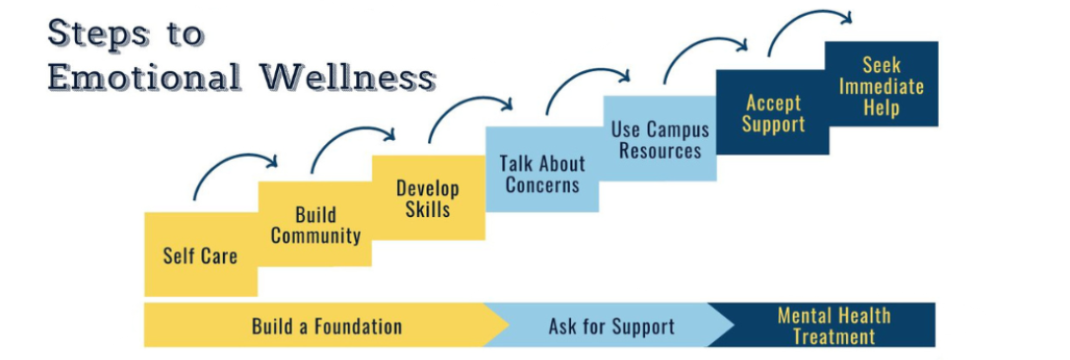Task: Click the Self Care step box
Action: point(200,254)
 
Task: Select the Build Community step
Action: point(315,225)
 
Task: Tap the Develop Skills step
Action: point(428,198)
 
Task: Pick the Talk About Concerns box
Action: point(542,174)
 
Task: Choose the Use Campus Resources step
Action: point(656,139)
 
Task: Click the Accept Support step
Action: point(773,112)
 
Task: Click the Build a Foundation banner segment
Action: point(326,325)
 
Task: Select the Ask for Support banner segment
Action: point(611,325)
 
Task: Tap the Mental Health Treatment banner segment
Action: point(833,325)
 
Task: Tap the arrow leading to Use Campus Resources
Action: point(588,83)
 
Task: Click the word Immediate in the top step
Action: point(881,86)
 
